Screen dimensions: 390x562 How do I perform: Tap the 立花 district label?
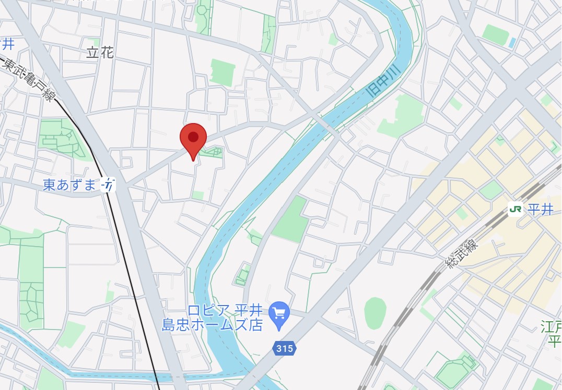coord(99,53)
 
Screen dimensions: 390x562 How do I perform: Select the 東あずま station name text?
coord(69,185)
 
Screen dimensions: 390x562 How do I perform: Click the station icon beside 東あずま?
coord(108,185)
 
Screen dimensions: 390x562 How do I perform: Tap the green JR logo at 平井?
coord(516,210)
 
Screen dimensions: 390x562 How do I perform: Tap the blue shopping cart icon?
coord(279,313)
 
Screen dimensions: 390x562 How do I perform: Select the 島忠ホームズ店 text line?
coord(220,326)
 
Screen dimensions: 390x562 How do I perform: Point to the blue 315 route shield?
coord(284,348)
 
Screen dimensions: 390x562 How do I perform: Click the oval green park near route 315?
coord(375,313)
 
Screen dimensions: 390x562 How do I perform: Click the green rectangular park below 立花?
coord(223,72)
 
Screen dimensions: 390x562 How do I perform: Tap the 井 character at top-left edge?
coord(7,44)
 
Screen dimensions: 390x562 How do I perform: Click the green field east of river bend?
coord(291,220)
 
